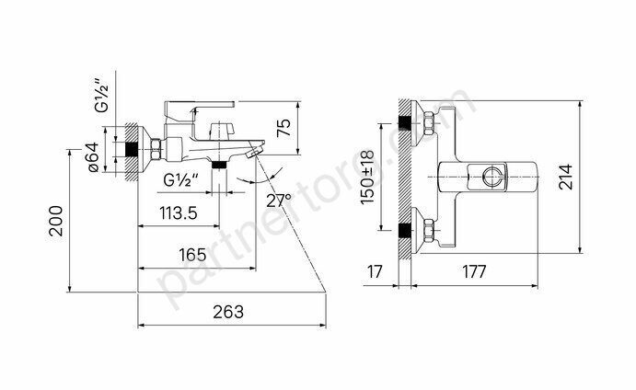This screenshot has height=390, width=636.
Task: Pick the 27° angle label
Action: pos(278,200)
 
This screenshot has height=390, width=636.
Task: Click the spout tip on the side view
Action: pos(261,143)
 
